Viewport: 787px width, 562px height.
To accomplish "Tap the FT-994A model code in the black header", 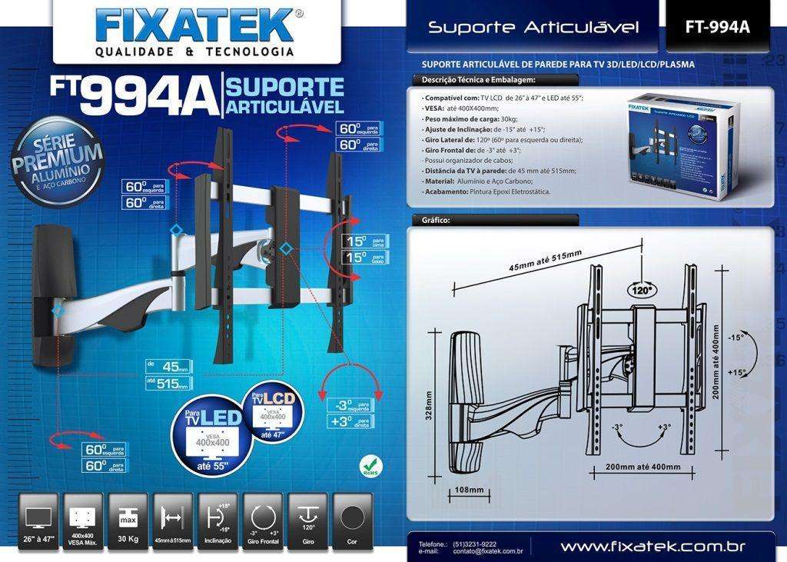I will [x=716, y=27].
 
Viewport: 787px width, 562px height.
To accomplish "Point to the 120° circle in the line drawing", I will [x=640, y=291].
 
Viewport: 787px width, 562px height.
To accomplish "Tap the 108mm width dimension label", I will [x=469, y=490].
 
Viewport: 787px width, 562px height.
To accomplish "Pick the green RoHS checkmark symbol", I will [x=371, y=464].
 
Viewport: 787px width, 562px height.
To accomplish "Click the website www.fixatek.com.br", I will [x=653, y=547].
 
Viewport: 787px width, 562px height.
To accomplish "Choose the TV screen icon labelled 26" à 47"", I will [x=38, y=519].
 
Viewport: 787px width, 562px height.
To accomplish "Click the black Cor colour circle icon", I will [x=351, y=519].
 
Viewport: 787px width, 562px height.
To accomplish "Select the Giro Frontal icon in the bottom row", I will [x=264, y=519].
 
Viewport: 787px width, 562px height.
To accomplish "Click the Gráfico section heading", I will [x=436, y=220].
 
